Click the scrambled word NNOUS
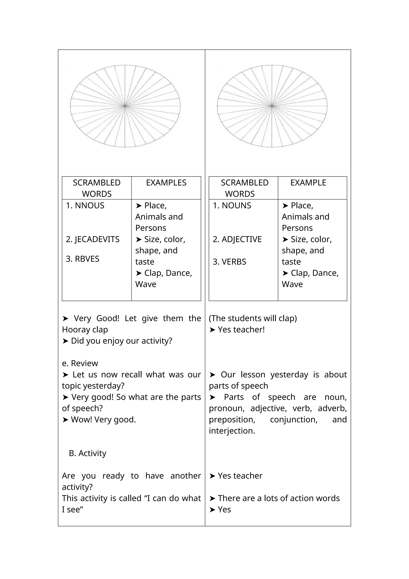(x=89, y=206)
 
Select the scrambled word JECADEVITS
(x=97, y=239)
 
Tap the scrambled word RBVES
(x=87, y=259)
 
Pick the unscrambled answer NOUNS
(x=236, y=206)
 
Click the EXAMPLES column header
(x=166, y=183)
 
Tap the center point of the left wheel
(x=125, y=106)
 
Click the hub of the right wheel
(x=272, y=106)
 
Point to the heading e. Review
(x=80, y=363)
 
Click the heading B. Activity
(x=87, y=453)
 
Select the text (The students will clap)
(x=253, y=318)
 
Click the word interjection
(x=232, y=431)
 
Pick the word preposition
(x=232, y=420)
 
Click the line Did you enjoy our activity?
(x=121, y=341)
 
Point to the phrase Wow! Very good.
(x=103, y=420)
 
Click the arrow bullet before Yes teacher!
(x=212, y=330)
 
